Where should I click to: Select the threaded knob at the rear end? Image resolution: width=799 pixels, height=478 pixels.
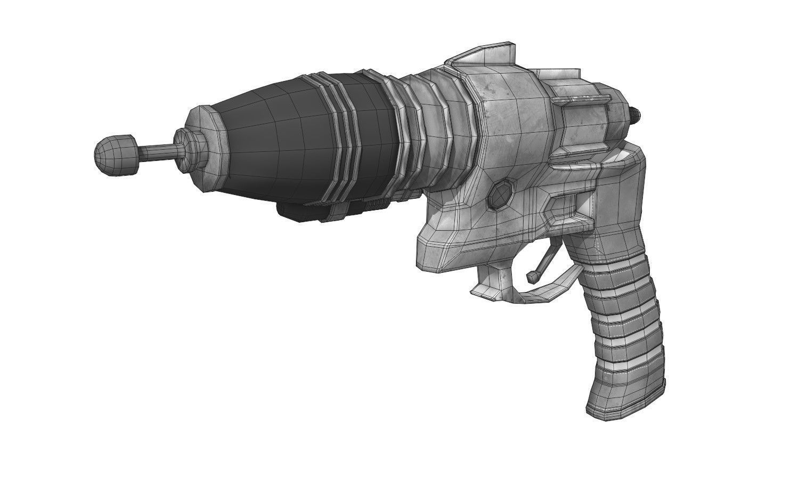point(635,112)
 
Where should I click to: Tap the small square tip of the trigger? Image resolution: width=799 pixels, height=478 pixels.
point(532,277)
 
